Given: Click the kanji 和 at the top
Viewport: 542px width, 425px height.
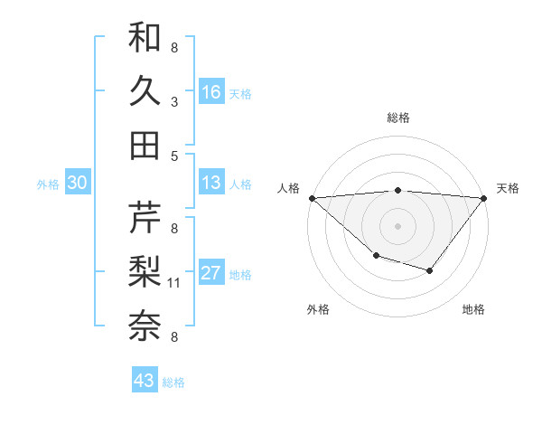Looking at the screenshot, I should click(145, 37).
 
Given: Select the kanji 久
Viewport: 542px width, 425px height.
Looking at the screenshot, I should click(145, 90).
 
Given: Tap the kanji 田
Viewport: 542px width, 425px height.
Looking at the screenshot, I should click(145, 145).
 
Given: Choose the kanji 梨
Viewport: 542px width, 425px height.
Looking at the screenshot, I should click(145, 271).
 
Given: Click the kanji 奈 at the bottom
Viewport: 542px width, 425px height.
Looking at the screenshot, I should click(145, 326).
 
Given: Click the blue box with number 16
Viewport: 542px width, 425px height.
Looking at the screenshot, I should click(211, 91).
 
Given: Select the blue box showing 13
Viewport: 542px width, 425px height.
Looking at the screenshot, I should click(211, 183).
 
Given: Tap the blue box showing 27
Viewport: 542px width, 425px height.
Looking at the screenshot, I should click(211, 273).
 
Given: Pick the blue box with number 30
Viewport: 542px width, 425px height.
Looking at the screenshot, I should click(77, 183).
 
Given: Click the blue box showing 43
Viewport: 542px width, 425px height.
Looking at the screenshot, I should click(145, 381).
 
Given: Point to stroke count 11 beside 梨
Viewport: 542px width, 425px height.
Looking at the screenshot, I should click(175, 283).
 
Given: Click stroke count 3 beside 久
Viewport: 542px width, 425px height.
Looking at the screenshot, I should click(173, 101).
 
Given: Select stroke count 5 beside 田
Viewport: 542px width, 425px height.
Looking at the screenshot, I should click(173, 156).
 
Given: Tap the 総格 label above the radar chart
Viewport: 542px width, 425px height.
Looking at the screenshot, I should click(397, 118).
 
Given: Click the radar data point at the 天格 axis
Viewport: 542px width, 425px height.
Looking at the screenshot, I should click(484, 198).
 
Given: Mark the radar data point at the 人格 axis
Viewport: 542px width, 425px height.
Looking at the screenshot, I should click(311, 198).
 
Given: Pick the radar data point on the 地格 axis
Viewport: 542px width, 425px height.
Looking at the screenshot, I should click(430, 270).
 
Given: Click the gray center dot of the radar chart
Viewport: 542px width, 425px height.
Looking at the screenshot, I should click(397, 226).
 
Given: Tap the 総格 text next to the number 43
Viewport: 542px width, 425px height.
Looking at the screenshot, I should click(173, 382).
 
